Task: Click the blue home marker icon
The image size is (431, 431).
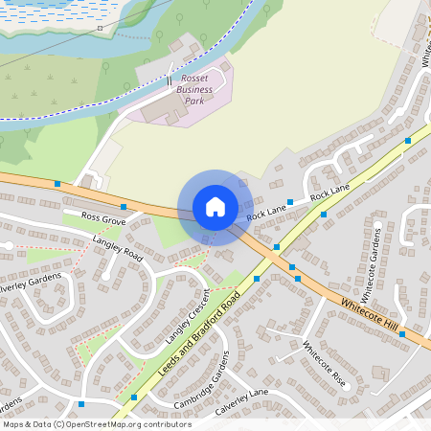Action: [215, 207]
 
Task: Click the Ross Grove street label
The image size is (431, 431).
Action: [103, 219]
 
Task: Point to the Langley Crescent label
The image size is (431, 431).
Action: [186, 316]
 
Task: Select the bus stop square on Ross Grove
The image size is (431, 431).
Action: [123, 206]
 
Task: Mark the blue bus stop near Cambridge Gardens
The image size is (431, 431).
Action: [134, 397]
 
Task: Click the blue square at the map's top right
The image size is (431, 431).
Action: [408, 141]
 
